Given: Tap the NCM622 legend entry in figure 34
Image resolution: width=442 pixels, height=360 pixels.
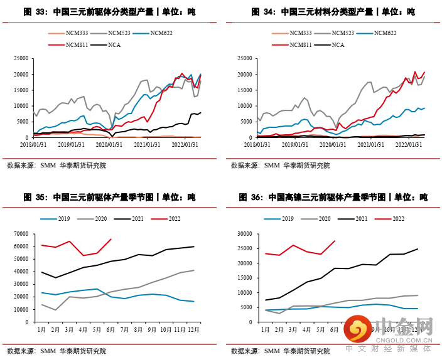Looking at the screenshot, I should click(384, 33).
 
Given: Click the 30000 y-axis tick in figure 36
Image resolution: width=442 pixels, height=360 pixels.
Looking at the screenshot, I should click(249, 234).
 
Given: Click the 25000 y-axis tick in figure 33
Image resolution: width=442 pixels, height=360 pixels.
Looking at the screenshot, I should click(23, 58).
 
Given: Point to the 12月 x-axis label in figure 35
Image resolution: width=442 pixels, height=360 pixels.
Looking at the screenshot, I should click(192, 328).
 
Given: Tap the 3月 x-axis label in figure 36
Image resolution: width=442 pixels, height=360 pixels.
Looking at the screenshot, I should click(293, 328).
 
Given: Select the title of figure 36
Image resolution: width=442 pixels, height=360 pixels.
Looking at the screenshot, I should click(333, 197).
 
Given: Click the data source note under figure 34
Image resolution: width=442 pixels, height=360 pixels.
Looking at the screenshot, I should click(280, 166).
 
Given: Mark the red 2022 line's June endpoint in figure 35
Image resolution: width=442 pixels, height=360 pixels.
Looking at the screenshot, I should click(111, 239).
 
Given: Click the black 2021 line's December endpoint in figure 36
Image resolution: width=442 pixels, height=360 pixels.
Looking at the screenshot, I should click(418, 249).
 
